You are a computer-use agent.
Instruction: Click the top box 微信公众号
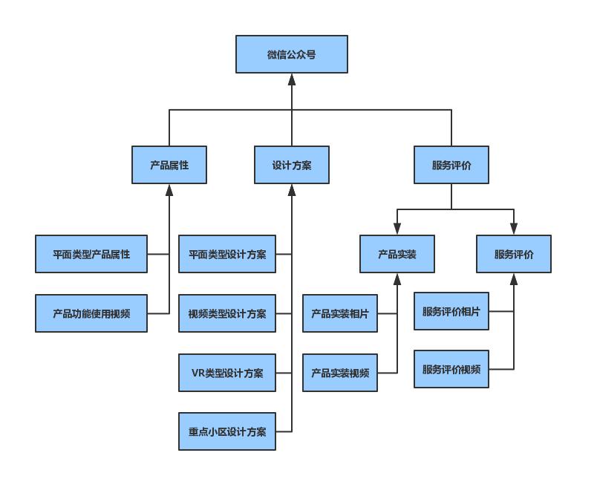(x=292, y=54)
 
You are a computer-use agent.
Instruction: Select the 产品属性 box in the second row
(x=169, y=165)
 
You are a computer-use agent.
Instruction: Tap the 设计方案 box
(x=292, y=165)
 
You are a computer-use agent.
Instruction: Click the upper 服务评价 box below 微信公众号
(x=451, y=165)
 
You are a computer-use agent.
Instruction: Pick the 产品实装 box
(x=397, y=254)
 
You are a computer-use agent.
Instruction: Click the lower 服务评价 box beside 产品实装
(x=514, y=254)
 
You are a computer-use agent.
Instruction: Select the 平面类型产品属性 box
(x=91, y=254)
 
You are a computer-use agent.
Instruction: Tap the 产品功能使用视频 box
(x=91, y=313)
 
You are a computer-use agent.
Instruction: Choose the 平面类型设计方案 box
(x=227, y=254)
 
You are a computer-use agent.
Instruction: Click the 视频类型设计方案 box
(x=227, y=313)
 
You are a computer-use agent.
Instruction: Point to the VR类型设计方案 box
(x=227, y=373)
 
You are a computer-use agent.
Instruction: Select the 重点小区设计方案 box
(x=227, y=431)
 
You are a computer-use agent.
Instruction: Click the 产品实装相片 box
(x=340, y=313)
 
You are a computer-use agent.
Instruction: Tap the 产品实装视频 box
(x=340, y=373)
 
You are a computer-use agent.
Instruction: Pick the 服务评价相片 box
(x=451, y=311)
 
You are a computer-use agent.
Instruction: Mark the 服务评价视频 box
(x=451, y=369)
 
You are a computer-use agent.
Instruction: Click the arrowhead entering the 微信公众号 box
(x=292, y=79)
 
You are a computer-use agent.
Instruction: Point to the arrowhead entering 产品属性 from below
(x=169, y=190)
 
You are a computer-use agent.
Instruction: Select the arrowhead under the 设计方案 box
(x=292, y=190)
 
